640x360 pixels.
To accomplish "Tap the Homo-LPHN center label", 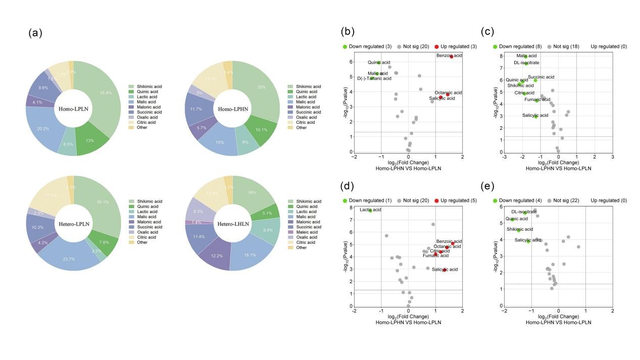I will point(232,109).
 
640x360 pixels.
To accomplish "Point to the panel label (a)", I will point(35,33).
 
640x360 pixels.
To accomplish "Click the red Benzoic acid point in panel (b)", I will point(452,57).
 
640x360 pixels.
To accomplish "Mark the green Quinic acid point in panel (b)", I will point(379,63).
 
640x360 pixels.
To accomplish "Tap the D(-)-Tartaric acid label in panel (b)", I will point(374,79).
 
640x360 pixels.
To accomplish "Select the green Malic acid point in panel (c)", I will point(525,57).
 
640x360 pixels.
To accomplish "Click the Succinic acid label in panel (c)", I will point(541,77).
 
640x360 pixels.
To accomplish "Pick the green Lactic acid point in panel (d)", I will point(370,211).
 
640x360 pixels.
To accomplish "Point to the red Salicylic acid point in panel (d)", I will point(445,270).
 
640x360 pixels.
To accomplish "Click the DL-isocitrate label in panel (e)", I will point(524,212).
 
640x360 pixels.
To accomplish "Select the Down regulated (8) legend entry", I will point(518,46).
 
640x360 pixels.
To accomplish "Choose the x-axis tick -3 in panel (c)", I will point(504,157).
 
